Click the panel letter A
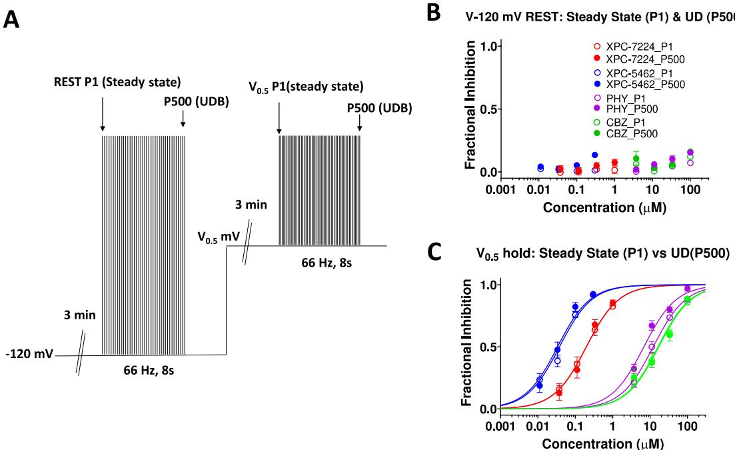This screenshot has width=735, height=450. point(13,20)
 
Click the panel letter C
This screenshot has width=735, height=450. point(433,253)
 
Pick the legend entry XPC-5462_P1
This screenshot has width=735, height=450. point(639,73)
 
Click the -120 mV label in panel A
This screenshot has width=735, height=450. point(25,353)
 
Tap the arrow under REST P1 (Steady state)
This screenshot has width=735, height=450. point(103,114)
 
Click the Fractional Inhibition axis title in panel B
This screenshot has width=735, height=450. point(470,106)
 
